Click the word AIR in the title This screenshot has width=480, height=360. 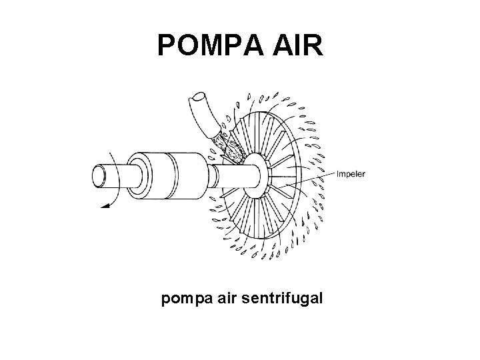[298, 45]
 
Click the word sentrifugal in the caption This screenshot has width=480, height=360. [284, 299]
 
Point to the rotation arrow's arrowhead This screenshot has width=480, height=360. [103, 206]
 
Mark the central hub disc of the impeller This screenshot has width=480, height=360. [255, 175]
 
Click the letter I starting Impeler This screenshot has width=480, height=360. [340, 175]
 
